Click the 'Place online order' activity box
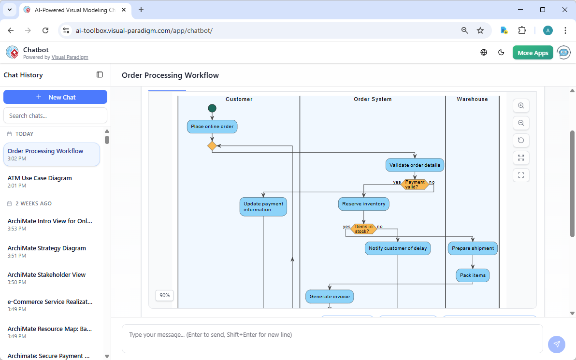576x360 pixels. click(x=212, y=127)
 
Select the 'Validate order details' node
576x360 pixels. click(x=415, y=165)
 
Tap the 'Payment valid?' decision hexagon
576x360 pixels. click(x=415, y=185)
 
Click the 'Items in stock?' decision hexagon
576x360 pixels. click(x=363, y=229)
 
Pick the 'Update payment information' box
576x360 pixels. click(x=263, y=207)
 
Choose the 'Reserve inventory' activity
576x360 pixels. click(x=363, y=204)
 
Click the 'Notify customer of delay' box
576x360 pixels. click(x=398, y=248)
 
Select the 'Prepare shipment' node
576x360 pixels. click(x=473, y=248)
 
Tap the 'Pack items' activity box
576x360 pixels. click(x=473, y=275)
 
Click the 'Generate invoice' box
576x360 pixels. click(x=330, y=297)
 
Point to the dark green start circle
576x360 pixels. click(x=212, y=108)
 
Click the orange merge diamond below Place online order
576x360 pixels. click(x=212, y=146)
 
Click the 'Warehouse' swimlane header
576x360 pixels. click(x=472, y=99)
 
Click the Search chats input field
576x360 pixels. click(x=55, y=115)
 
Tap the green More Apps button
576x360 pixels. click(x=533, y=53)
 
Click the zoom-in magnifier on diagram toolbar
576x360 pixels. click(x=521, y=106)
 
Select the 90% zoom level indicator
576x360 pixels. click(x=165, y=295)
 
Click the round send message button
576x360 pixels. click(x=556, y=344)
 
